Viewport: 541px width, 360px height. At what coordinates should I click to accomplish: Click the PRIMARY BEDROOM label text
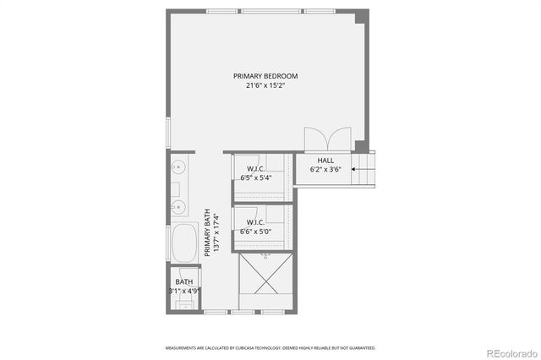click(265, 76)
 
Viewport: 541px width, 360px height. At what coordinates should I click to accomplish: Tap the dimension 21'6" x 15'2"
click(265, 85)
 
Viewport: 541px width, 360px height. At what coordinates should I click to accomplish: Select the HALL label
click(325, 161)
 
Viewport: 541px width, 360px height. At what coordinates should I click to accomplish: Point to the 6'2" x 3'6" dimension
click(325, 170)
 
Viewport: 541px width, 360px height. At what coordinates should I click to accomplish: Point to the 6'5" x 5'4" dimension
click(256, 178)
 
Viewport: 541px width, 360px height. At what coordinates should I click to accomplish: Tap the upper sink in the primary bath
click(178, 168)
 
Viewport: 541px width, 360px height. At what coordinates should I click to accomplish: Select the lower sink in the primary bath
click(178, 206)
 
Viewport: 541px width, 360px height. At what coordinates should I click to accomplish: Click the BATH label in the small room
click(183, 282)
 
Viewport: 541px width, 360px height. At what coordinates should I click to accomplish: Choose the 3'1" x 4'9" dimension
click(184, 292)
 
